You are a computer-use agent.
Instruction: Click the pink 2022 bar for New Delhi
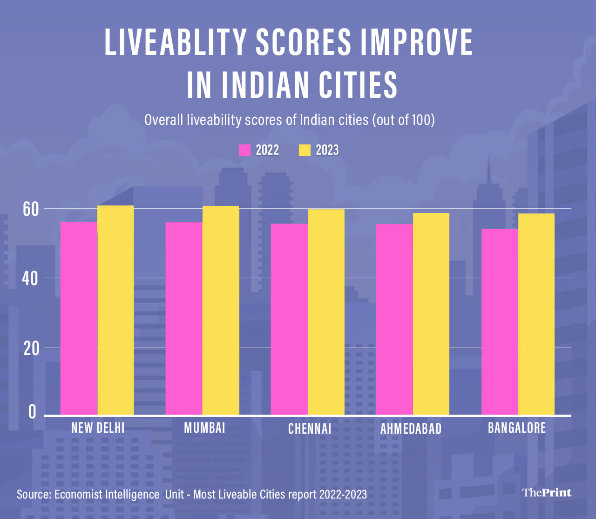pos(79,318)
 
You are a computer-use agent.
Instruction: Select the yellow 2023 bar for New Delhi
pos(115,310)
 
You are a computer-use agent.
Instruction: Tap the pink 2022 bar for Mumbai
pos(184,318)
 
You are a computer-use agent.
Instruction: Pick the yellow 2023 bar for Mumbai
pos(221,310)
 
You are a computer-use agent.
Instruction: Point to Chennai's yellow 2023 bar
pos(326,312)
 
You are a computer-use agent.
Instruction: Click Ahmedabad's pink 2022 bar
pos(394,319)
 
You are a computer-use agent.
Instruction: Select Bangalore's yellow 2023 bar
pos(536,314)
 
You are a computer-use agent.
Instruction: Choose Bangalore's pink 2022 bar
pos(500,321)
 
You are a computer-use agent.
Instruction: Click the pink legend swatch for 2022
pos(244,150)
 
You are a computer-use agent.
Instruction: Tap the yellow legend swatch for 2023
pos(305,150)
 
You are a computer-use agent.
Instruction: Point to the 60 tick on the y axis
pos(31,209)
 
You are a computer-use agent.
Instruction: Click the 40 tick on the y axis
pos(31,279)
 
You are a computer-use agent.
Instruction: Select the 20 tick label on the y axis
pos(31,348)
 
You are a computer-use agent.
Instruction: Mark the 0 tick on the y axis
pos(32,412)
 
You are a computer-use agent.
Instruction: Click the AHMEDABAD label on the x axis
pos(411,429)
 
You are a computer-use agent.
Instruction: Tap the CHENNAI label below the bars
pos(310,429)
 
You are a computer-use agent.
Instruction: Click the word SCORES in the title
pos(303,42)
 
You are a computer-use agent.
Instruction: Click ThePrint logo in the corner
pos(546,492)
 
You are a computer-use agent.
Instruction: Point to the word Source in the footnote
pos(34,494)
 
